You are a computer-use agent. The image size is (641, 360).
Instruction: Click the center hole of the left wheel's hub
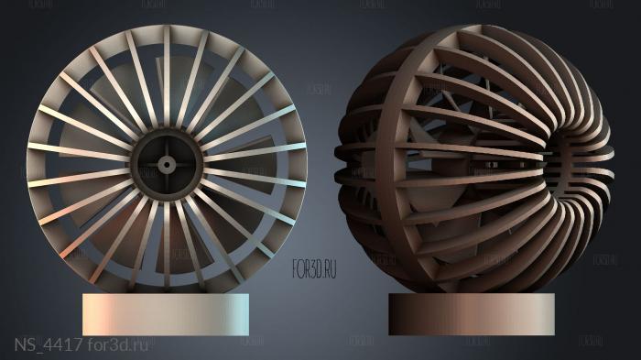point(167,164)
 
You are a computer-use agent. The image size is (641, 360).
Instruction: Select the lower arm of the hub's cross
point(167,180)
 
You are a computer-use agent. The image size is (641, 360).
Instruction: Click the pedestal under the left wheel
point(166,314)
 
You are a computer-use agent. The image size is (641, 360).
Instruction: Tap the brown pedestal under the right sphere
point(471,313)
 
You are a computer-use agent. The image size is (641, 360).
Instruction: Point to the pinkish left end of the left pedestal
point(92,314)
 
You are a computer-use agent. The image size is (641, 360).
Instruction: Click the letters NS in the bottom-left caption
point(25,345)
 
